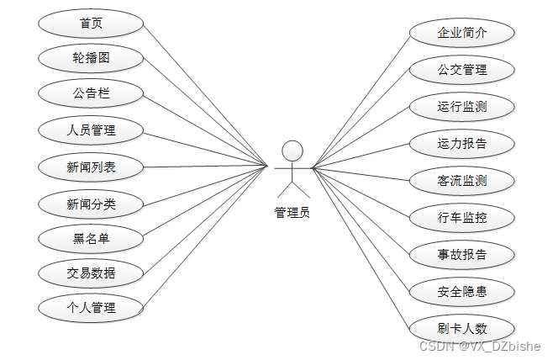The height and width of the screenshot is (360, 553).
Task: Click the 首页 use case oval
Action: click(x=91, y=23)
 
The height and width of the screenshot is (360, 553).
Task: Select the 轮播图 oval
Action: click(x=91, y=58)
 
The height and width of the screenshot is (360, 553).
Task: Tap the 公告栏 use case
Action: click(x=91, y=93)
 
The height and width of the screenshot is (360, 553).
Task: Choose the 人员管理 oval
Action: click(x=91, y=130)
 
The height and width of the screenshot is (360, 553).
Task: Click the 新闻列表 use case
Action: click(x=91, y=167)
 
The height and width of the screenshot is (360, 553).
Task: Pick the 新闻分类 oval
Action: click(x=91, y=203)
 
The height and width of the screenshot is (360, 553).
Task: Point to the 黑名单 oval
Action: click(x=91, y=239)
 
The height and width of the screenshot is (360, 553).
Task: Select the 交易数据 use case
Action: click(x=91, y=273)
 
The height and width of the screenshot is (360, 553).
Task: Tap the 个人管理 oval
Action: click(x=91, y=308)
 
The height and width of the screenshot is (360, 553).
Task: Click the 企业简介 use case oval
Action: click(x=462, y=34)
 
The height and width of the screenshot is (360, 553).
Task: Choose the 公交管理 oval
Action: click(x=462, y=70)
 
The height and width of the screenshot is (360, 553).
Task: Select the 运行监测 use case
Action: click(x=462, y=107)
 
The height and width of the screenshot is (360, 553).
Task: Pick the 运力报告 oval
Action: click(x=462, y=143)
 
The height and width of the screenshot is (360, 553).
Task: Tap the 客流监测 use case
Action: click(x=462, y=180)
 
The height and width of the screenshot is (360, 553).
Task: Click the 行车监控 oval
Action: click(x=462, y=218)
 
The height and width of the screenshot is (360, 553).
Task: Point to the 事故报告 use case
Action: click(x=462, y=255)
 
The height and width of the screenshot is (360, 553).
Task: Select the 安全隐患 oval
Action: click(x=462, y=292)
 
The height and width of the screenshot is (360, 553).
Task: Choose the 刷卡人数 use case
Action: click(x=462, y=329)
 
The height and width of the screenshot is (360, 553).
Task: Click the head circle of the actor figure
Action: click(x=292, y=151)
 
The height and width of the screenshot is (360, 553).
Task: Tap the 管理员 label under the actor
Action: click(x=292, y=213)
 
